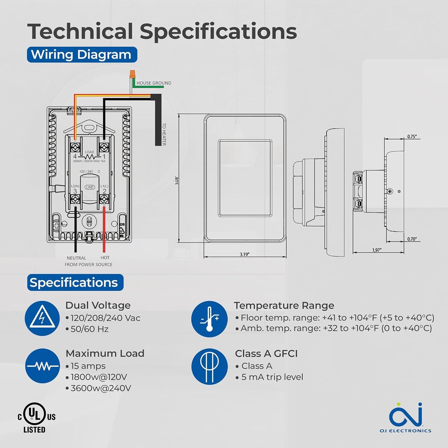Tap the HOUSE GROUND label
tap(154, 83)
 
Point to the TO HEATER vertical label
tap(164, 134)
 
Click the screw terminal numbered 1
tap(104, 147)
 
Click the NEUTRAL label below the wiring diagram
tap(76, 258)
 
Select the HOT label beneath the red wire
tap(105, 257)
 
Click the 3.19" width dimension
tap(244, 254)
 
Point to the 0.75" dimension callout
tap(412, 136)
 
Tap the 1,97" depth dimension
tap(377, 250)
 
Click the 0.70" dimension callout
tap(412, 239)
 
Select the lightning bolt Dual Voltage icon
tap(42, 318)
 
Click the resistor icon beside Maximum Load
tap(42, 366)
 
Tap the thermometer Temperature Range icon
tap(209, 319)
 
